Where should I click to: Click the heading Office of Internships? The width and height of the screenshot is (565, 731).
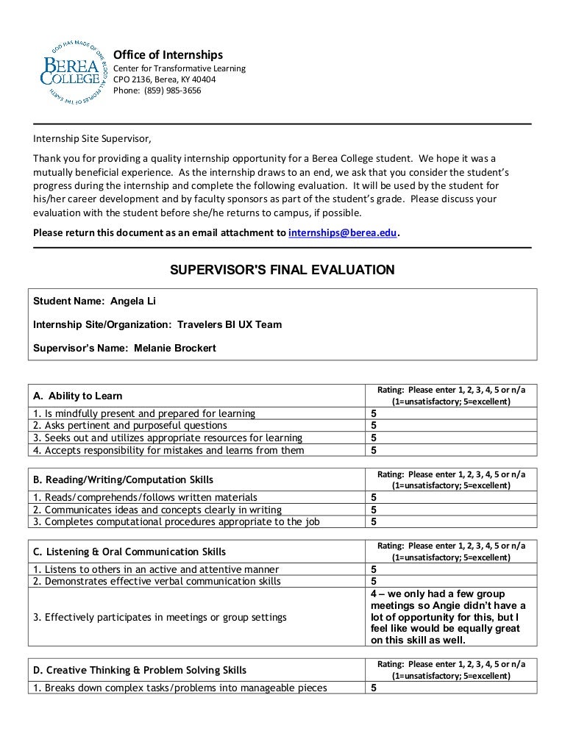[167, 55]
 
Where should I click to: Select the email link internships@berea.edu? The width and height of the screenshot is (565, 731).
[342, 232]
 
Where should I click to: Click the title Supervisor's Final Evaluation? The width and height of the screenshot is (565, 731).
[282, 270]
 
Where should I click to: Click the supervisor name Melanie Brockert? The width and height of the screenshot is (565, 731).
[175, 348]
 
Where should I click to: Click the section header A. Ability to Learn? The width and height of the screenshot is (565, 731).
[79, 396]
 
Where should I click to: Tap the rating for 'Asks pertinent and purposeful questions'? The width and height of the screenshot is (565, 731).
[374, 425]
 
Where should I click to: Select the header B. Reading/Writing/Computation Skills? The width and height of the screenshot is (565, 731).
[124, 479]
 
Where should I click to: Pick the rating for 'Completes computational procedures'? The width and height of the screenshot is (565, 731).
[374, 522]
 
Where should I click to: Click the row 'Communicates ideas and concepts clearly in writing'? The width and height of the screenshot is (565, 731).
[157, 510]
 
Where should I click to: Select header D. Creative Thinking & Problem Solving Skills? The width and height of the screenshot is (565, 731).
[141, 670]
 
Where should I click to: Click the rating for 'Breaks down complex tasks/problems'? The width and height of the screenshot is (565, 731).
[374, 688]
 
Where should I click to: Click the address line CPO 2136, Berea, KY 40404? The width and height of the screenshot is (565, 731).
[163, 79]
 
